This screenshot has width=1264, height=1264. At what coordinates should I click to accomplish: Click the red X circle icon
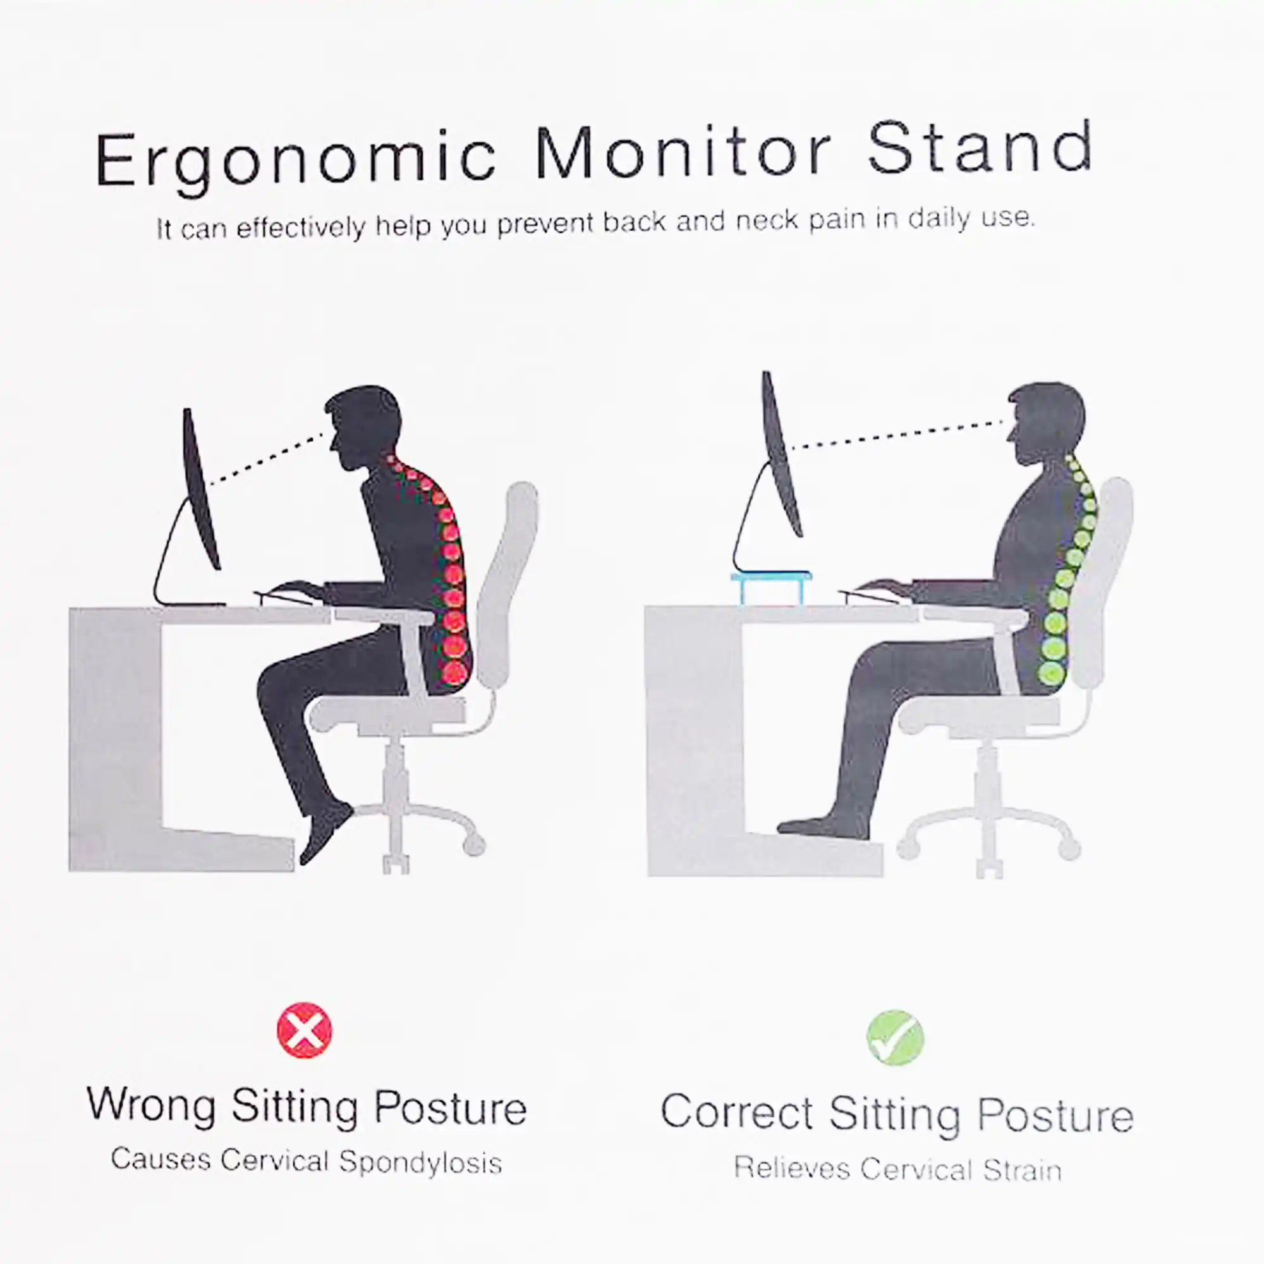click(x=304, y=1030)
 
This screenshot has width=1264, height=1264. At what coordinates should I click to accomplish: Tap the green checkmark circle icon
click(x=895, y=1038)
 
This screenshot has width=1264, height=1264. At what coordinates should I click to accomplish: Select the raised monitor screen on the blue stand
click(x=781, y=453)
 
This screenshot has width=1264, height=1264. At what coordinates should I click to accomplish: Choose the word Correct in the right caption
click(x=737, y=1112)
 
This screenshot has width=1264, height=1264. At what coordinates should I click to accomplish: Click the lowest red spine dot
click(x=454, y=671)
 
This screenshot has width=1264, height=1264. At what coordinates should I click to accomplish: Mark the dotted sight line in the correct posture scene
click(x=896, y=435)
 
